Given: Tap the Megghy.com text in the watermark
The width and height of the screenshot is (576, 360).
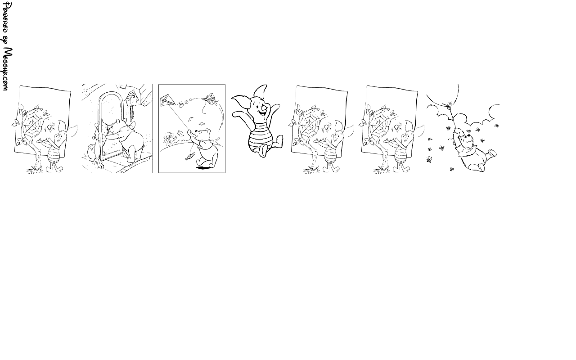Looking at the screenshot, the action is point(7,69).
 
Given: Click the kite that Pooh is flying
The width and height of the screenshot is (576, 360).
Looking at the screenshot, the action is point(168,100).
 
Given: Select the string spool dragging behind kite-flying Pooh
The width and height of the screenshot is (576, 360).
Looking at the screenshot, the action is point(190,156).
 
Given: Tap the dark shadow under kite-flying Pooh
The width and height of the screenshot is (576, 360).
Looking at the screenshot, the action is point(203,168).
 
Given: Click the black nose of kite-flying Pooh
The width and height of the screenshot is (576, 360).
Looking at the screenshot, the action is point(196,132).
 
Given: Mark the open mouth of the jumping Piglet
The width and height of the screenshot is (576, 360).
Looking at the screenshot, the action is point(262,112).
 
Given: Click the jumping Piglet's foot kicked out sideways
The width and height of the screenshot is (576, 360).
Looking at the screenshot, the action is point(279,142).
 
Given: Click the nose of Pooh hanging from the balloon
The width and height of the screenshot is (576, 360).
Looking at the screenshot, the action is point(469,135).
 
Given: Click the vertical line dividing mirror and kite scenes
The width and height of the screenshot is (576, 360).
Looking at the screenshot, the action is point(152,128).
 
